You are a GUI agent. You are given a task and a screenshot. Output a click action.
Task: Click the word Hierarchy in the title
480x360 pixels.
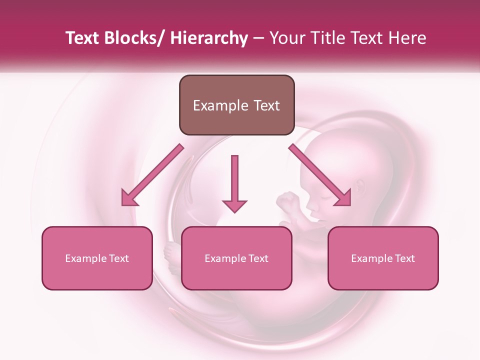click(209, 38)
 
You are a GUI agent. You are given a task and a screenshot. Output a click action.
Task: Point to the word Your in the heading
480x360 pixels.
click(286, 38)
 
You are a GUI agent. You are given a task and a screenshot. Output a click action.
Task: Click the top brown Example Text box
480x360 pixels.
click(236, 105)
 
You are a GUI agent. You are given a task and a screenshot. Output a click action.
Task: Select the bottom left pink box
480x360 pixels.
click(97, 258)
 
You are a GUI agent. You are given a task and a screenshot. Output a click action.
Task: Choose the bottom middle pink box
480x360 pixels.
click(236, 258)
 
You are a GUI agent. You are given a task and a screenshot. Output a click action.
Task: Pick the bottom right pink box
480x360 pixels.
click(383, 258)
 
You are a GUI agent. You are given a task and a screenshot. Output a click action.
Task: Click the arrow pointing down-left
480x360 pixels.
click(152, 175)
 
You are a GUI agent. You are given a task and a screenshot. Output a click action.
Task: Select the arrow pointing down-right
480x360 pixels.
click(320, 175)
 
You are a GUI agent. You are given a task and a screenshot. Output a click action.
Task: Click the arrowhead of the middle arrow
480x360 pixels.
click(234, 205)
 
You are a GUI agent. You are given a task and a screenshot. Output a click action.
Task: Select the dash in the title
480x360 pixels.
click(258, 38)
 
